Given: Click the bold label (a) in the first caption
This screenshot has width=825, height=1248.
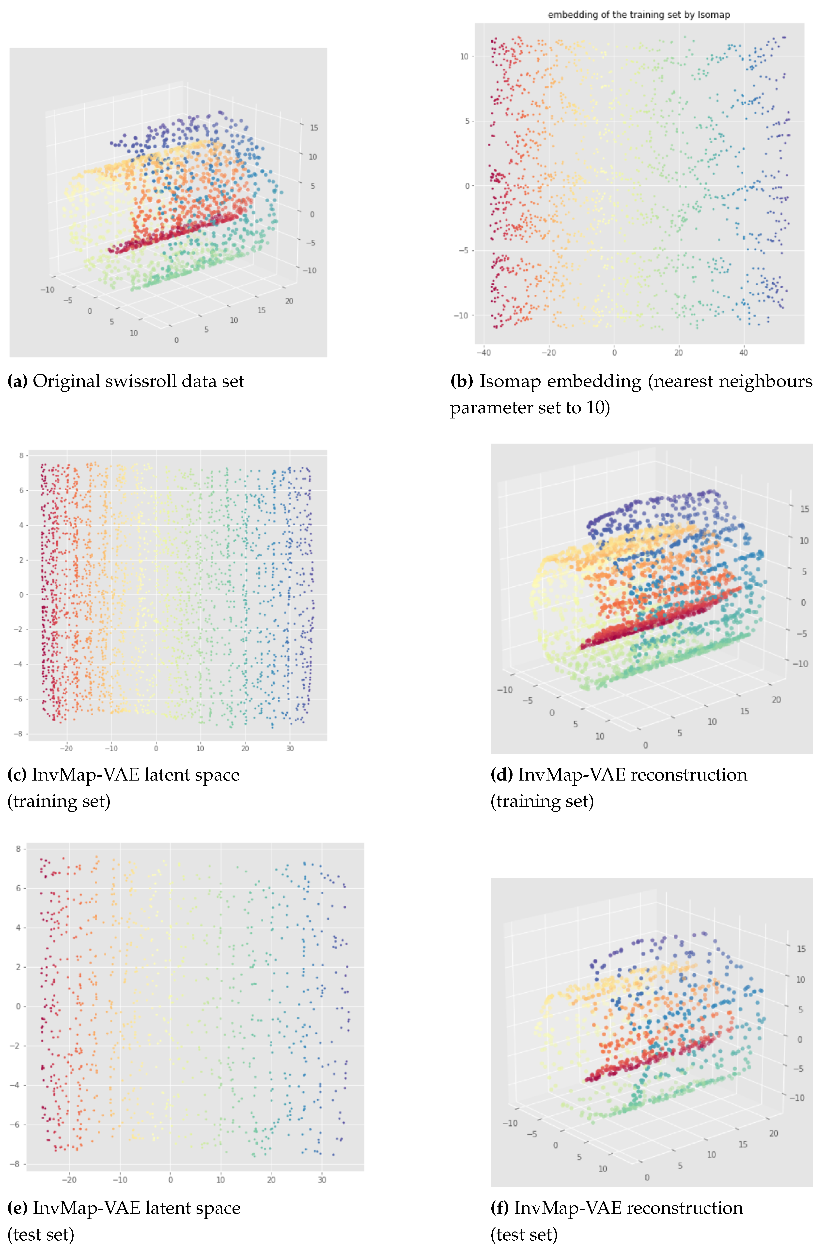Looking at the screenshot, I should click(x=17, y=381).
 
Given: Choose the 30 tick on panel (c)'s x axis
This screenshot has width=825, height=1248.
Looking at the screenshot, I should click(x=290, y=748).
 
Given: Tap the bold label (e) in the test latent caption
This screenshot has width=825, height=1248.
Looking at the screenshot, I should click(x=17, y=1207).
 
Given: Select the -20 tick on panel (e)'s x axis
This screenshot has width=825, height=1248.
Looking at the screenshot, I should click(x=69, y=1180).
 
